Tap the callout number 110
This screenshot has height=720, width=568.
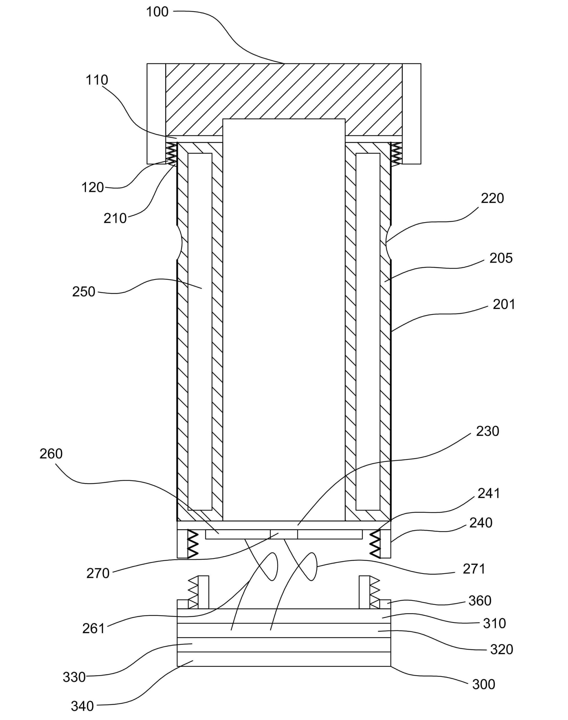pyautogui.click(x=97, y=80)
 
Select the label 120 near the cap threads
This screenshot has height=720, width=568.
pyautogui.click(x=93, y=188)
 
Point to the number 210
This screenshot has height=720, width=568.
pyautogui.click(x=115, y=218)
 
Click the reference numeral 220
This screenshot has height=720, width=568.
pyautogui.click(x=493, y=198)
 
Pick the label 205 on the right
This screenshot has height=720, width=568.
pyautogui.click(x=501, y=258)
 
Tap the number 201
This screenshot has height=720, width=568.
pyautogui.click(x=504, y=304)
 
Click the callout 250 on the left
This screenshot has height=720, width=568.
pyautogui.click(x=84, y=292)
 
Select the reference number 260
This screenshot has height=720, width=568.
pyautogui.click(x=51, y=454)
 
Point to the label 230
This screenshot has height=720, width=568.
pyautogui.click(x=488, y=431)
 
